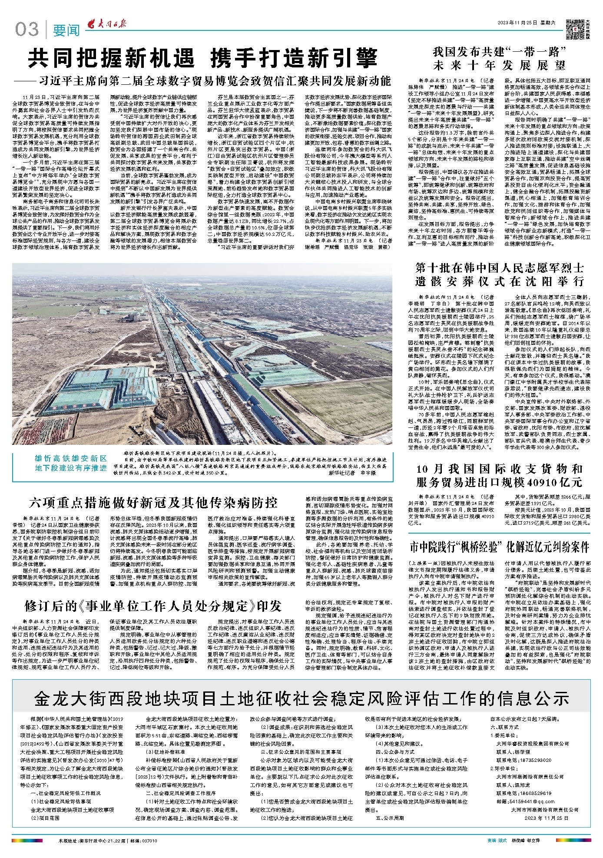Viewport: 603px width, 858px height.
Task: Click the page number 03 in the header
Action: [x=27, y=30]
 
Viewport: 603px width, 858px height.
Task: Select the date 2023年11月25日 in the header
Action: [x=519, y=23]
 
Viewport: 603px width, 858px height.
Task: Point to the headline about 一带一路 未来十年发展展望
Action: [x=500, y=59]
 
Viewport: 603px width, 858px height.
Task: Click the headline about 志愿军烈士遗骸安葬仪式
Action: [x=500, y=274]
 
